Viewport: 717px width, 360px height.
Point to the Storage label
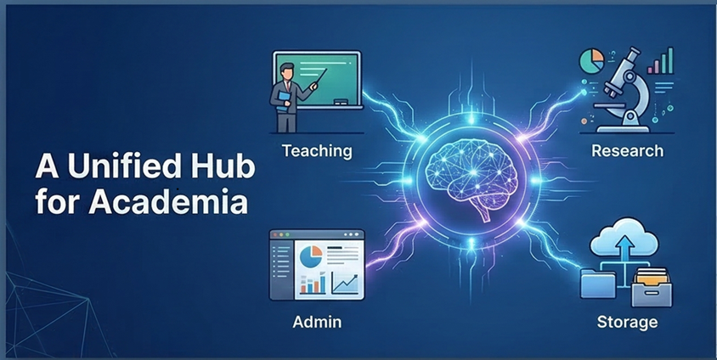click(626, 322)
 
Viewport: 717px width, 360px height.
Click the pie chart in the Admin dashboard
click(312, 256)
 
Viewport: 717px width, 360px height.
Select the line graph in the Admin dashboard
click(343, 280)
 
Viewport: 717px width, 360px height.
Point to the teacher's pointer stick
click(308, 86)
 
